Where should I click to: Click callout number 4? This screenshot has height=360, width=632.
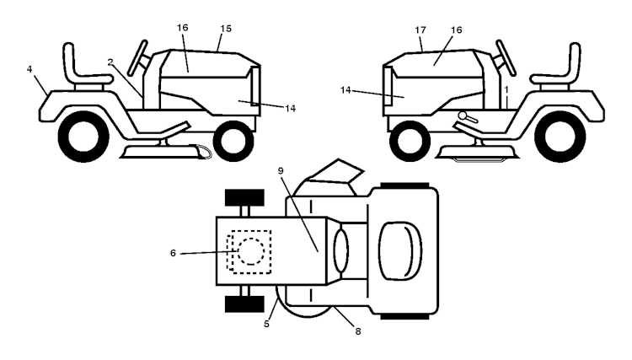coord(29,69)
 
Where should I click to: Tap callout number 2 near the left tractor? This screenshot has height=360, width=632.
coord(110,62)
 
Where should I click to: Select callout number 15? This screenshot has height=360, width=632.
coord(226,29)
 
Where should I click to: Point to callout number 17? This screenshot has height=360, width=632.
coord(420,30)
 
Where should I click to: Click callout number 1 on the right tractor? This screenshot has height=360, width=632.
coord(506,89)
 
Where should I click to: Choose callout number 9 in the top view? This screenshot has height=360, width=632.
coord(281,171)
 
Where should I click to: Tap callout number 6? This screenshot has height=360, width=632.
coord(173,253)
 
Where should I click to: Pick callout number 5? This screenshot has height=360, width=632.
coord(266,324)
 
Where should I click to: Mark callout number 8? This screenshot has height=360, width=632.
coord(358,331)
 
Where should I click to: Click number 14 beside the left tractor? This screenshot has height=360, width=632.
coord(290,109)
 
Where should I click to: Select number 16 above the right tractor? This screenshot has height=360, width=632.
coord(456,30)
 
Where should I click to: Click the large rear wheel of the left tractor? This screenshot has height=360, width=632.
coord(83,137)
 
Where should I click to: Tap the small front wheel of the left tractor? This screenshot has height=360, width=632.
coord(233,140)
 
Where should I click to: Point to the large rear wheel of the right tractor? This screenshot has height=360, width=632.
coord(560,137)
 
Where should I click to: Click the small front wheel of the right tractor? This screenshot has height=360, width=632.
coord(410,140)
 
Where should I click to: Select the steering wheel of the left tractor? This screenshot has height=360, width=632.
coord(137,58)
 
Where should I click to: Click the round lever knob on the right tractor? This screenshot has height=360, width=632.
coord(463,116)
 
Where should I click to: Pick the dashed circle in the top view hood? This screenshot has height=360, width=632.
coord(251,251)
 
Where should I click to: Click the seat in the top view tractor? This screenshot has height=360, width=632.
coord(400,250)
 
